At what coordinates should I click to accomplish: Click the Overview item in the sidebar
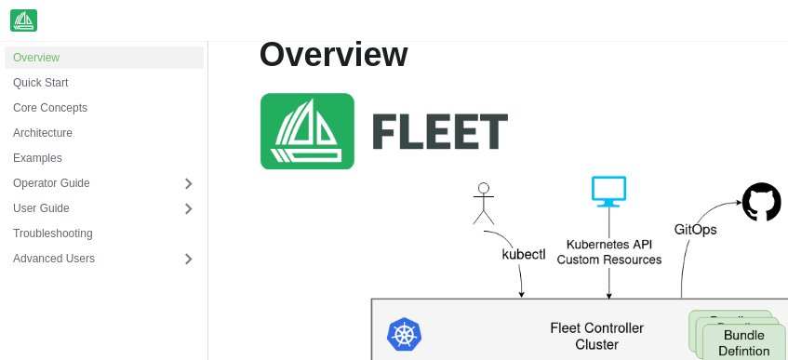(36, 58)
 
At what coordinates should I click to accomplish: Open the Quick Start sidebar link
(41, 83)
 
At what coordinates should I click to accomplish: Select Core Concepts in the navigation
(50, 108)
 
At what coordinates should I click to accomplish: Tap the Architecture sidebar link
(43, 133)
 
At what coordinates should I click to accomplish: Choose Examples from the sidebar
(38, 158)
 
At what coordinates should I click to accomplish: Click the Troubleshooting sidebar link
(53, 233)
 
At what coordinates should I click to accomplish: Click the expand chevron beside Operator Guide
(188, 183)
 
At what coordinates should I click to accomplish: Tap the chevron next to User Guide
(188, 208)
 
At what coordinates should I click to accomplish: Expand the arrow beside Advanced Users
(188, 259)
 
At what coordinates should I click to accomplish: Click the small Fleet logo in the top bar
(24, 20)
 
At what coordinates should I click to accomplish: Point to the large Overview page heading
(333, 55)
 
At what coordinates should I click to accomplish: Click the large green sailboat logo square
(307, 131)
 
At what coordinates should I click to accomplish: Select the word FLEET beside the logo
(440, 132)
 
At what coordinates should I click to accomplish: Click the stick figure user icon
(483, 204)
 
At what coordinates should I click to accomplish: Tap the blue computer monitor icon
(609, 192)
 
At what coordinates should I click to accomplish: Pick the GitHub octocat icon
(761, 202)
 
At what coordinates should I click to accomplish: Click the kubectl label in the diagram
(524, 254)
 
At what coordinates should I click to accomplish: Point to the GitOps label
(695, 229)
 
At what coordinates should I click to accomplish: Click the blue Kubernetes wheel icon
(405, 335)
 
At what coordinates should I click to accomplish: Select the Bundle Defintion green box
(744, 342)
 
